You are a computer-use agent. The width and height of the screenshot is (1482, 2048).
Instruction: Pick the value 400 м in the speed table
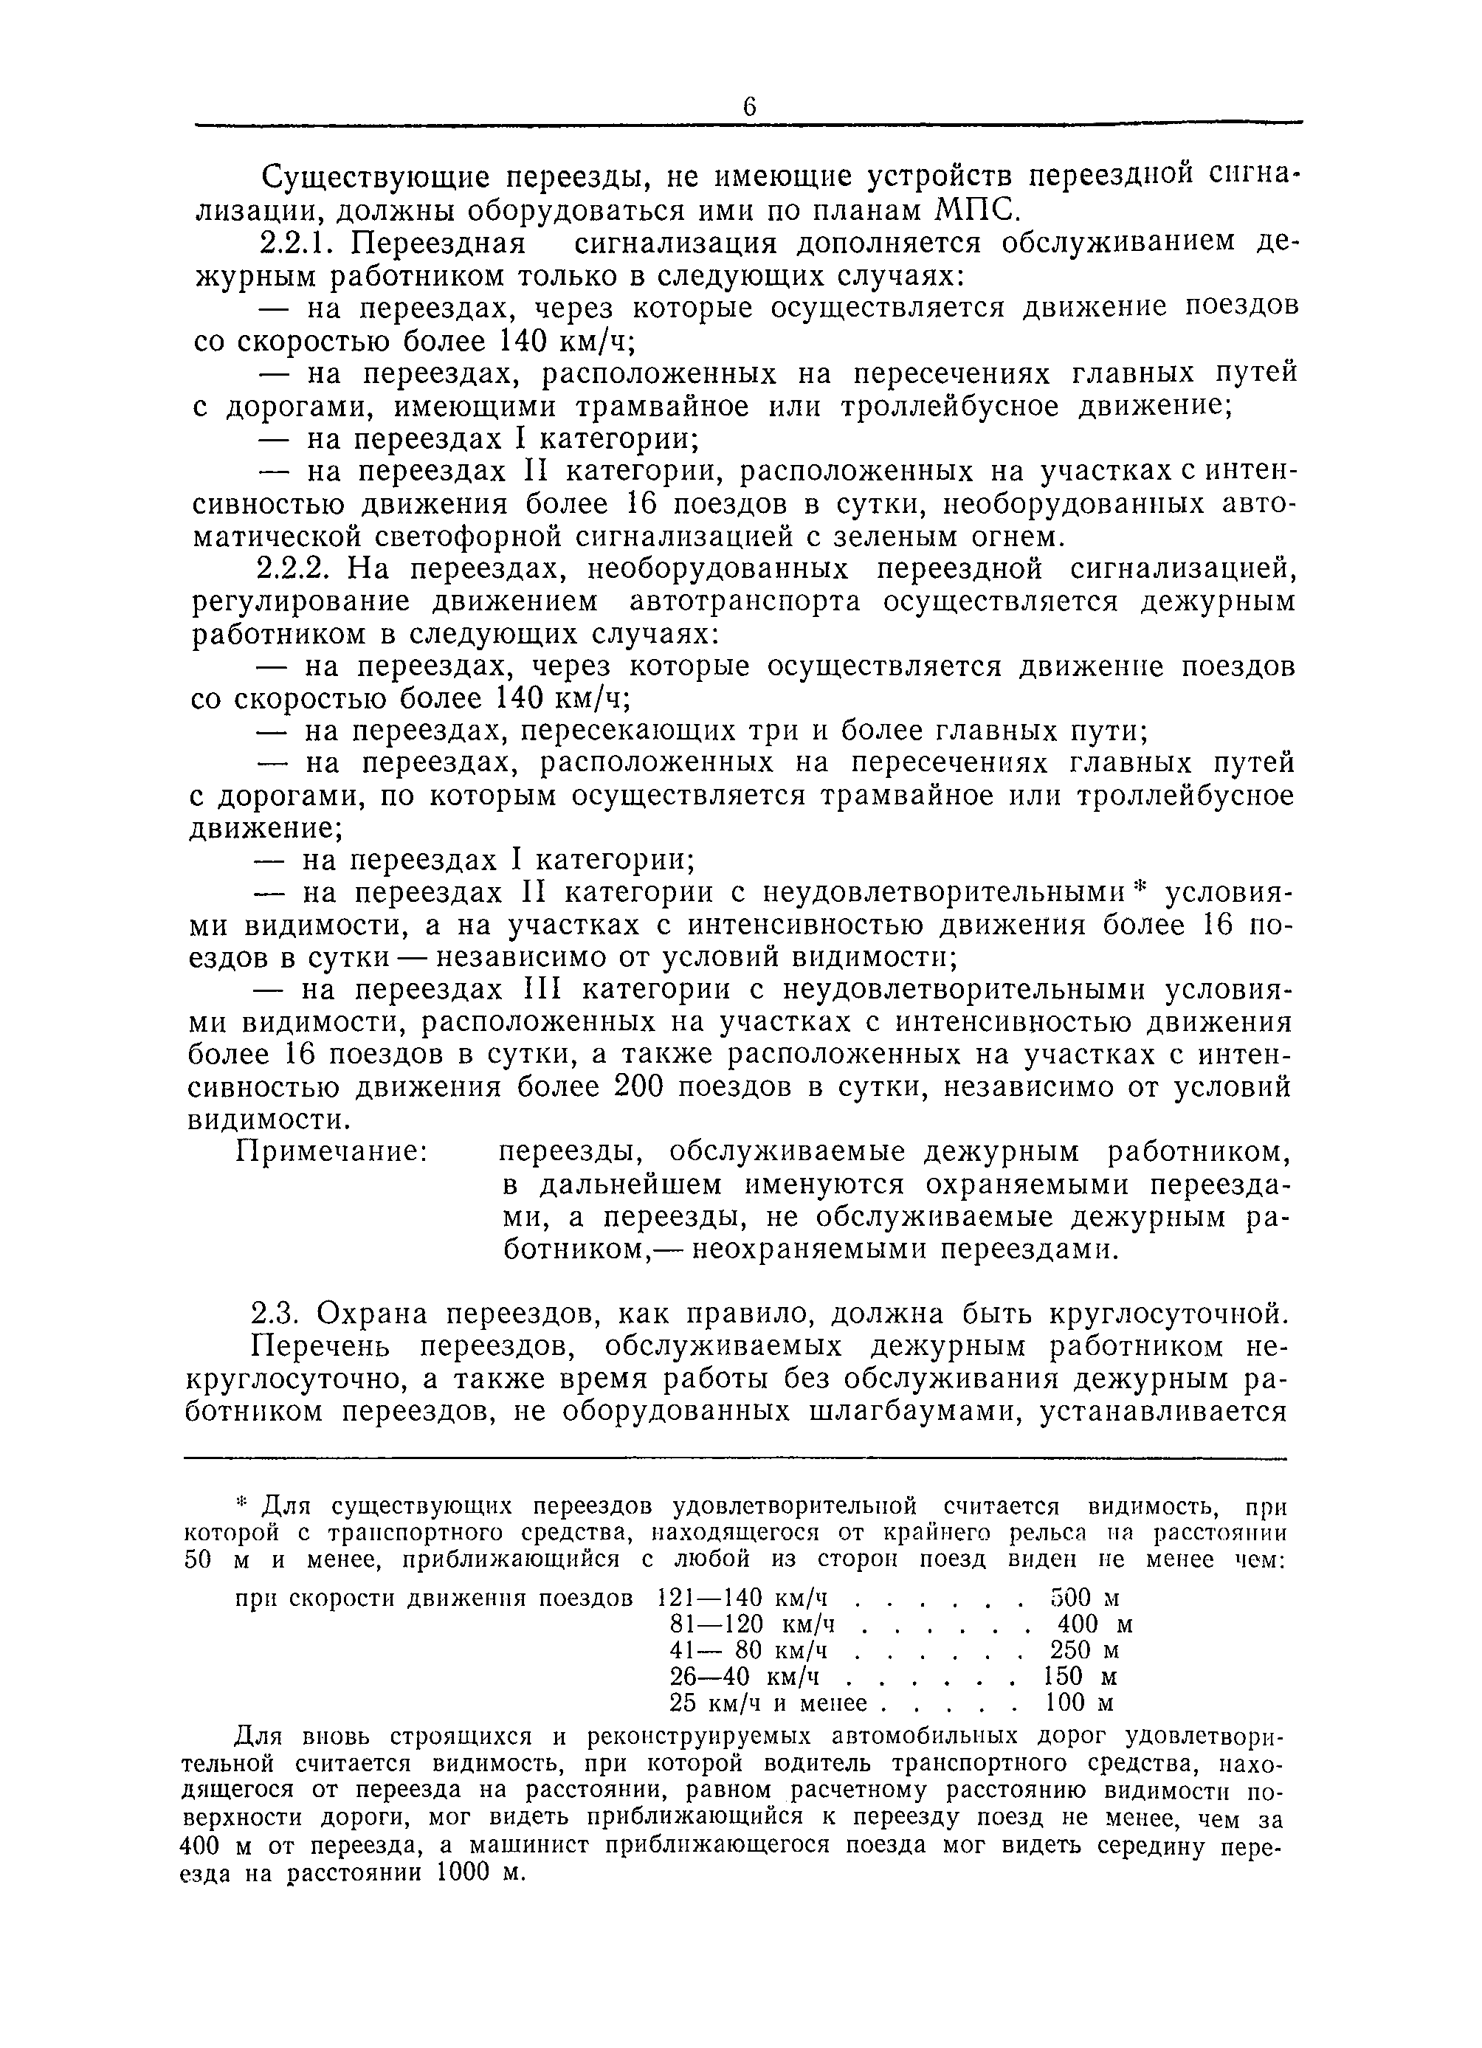tap(1095, 1624)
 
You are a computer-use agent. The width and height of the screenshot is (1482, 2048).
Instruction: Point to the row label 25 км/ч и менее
tap(768, 1703)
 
